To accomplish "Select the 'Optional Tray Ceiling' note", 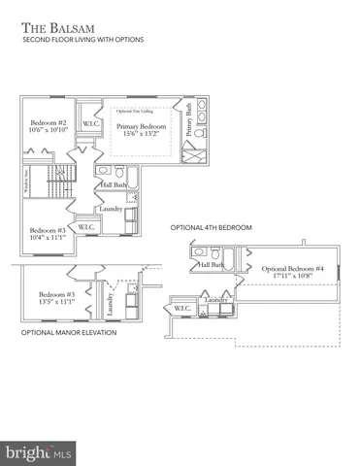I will tap(136, 112).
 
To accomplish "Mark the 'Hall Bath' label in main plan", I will tap(113, 184).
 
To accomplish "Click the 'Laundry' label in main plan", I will tap(110, 207).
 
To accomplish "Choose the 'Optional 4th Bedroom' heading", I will tap(211, 227).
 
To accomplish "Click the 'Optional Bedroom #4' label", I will tap(288, 268).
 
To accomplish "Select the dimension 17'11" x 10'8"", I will tap(288, 277).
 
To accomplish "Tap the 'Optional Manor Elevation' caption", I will tap(69, 332).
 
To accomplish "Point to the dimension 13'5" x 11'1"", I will tap(57, 302).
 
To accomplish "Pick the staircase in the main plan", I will tap(38, 179).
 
